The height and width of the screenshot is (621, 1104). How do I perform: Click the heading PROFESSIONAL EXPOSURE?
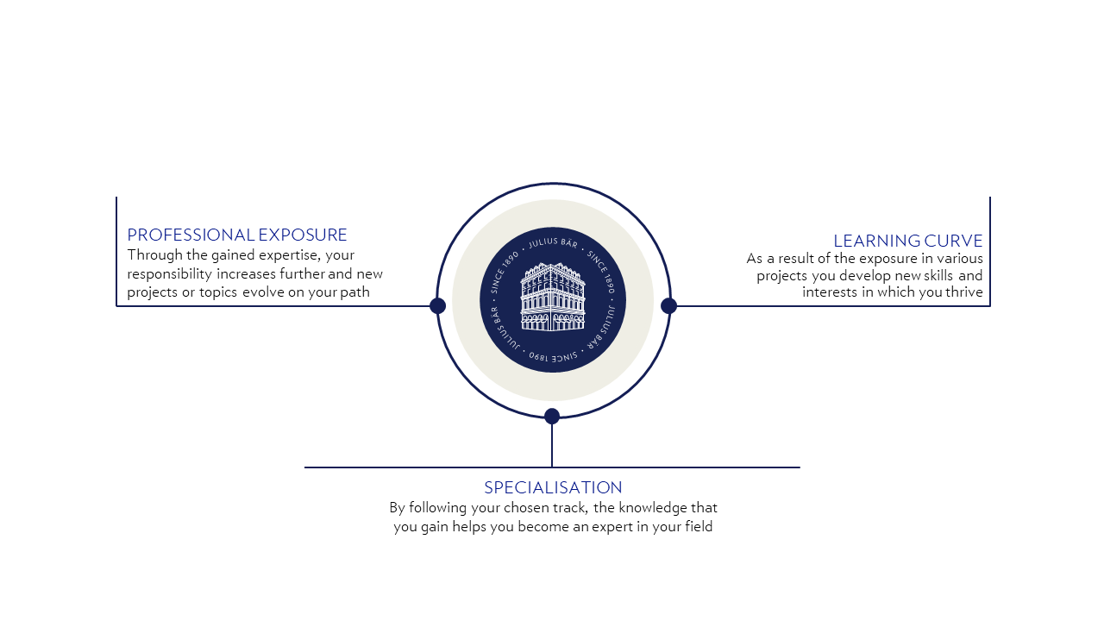tap(237, 235)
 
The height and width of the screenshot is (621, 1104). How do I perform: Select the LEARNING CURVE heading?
tap(907, 241)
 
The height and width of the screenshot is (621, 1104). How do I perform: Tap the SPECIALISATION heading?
tap(553, 487)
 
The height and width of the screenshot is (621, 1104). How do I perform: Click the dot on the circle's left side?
tap(437, 305)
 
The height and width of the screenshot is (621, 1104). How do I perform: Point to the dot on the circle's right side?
tap(668, 305)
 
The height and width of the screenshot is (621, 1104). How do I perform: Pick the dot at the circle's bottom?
tap(552, 417)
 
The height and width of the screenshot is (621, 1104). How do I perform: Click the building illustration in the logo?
tap(553, 297)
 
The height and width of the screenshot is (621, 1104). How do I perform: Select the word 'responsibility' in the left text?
tap(169, 274)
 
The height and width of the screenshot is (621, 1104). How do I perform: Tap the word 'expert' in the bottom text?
tap(613, 527)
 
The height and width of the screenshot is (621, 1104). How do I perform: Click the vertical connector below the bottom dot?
tap(552, 445)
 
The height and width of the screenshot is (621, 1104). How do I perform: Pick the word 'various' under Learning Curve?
tap(959, 258)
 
